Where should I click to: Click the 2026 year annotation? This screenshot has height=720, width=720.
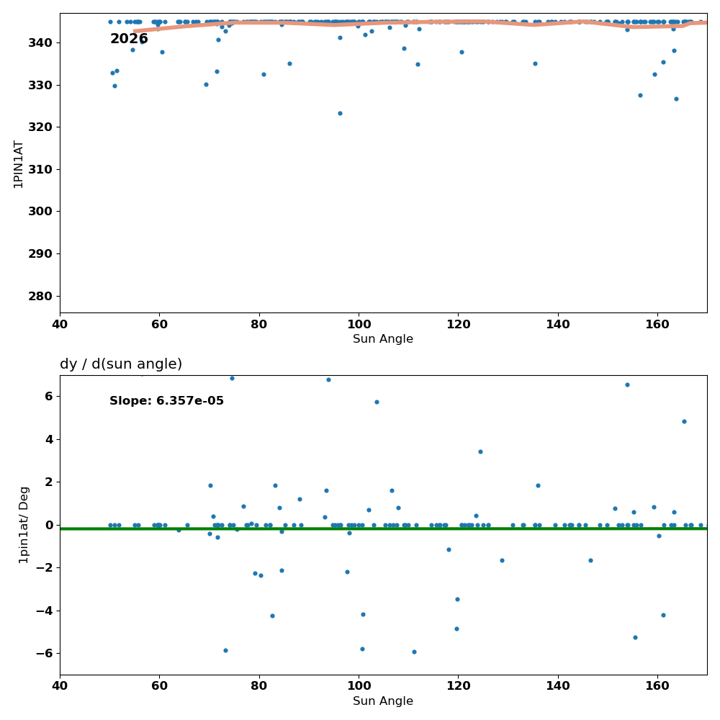pos(129,39)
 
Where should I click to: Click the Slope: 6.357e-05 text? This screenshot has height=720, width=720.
pos(167,401)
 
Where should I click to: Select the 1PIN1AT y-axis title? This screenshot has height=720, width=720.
pos(18,164)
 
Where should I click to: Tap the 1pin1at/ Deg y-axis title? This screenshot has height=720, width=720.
pos(24,525)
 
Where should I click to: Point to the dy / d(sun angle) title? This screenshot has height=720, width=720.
pos(121,364)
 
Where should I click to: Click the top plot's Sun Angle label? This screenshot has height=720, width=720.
pos(383,339)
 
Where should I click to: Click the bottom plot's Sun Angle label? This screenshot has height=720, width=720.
pos(383,701)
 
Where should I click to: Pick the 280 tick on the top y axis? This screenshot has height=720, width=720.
pos(40,296)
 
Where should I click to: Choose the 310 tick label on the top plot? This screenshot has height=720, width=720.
pos(40,169)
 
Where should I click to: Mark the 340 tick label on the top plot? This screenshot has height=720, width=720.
pos(40,42)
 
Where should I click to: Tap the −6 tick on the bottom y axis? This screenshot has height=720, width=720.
pos(44,654)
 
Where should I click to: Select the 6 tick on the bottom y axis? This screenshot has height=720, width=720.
pos(49,396)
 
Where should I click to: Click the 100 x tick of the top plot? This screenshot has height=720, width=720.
pos(359,325)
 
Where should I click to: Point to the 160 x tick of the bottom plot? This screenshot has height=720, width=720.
pos(657,686)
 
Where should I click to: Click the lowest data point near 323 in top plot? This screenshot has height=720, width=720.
pos(341,114)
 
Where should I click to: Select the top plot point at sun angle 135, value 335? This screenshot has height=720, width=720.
pos(536,64)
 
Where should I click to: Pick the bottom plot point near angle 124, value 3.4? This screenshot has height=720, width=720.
pos(481,452)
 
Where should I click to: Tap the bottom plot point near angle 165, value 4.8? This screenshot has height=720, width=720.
pos(685,421)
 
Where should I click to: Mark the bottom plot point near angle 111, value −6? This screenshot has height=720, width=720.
pos(414,652)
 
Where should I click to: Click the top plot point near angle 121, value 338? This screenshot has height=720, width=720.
pos(462,53)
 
